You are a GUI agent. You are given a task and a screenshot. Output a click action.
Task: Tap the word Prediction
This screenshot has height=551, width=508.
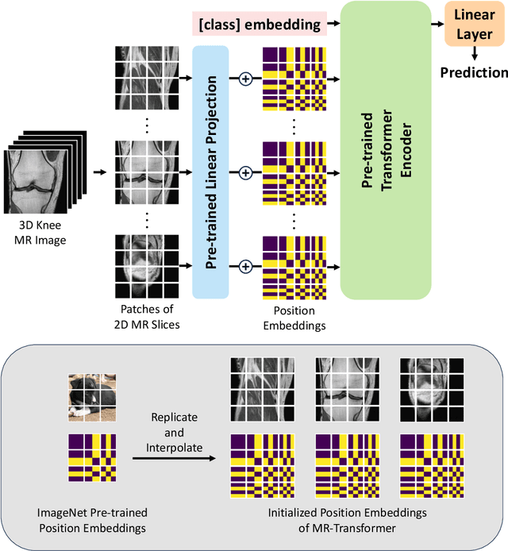pyautogui.click(x=474, y=72)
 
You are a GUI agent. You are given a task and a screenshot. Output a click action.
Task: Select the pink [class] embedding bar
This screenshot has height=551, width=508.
pyautogui.click(x=260, y=25)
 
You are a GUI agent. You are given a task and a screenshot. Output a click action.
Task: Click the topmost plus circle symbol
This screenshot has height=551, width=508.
pyautogui.click(x=245, y=79)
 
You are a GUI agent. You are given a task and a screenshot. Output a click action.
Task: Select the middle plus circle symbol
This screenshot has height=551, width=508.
pyautogui.click(x=245, y=171)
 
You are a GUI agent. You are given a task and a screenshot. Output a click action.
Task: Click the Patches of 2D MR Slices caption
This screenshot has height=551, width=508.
pyautogui.click(x=147, y=315)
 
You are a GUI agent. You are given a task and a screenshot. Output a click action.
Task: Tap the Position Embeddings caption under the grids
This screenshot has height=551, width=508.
pyautogui.click(x=294, y=315)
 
